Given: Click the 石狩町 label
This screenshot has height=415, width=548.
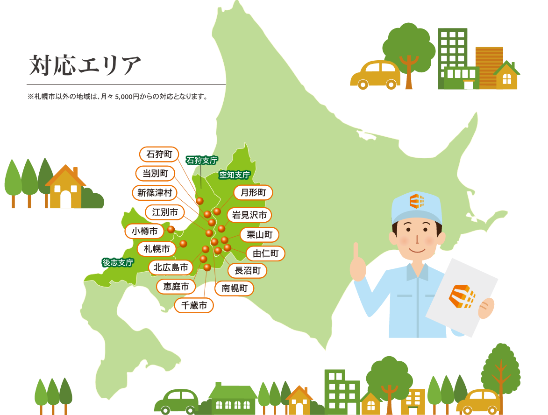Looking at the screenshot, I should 159,154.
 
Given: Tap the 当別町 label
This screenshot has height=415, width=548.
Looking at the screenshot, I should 155,173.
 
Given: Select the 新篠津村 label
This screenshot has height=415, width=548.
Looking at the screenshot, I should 152,192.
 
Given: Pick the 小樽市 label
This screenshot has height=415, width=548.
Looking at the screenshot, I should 144,231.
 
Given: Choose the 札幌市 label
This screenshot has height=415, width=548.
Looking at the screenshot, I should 157,248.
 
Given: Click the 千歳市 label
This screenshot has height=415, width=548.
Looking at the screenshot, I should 194,306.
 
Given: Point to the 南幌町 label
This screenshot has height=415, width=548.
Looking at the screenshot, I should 235,288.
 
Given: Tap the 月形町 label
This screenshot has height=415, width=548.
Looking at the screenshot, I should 253,192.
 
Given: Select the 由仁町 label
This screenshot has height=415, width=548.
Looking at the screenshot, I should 265,253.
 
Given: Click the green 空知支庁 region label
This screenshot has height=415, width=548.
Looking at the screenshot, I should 235,175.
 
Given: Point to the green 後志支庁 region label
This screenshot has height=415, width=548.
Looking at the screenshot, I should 118,262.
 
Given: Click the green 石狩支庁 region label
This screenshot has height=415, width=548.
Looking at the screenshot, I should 202,160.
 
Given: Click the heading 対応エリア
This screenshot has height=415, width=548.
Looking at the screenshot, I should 85,65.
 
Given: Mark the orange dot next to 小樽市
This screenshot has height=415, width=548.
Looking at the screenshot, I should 171,229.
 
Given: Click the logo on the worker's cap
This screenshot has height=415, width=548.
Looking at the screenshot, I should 416,201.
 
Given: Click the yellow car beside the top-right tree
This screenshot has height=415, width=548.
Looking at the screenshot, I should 375,74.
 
